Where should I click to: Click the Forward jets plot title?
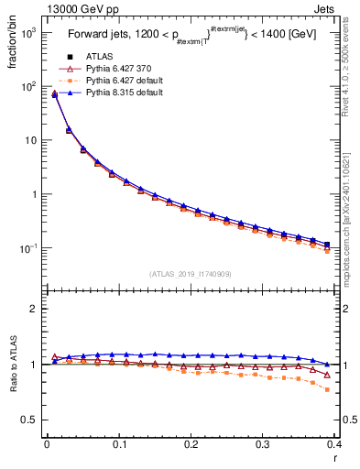(x=189, y=37)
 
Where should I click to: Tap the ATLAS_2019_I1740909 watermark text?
(x=191, y=274)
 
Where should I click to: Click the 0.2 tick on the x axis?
(x=191, y=444)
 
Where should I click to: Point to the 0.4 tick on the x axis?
(x=335, y=444)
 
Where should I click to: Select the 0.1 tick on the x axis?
(x=118, y=444)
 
